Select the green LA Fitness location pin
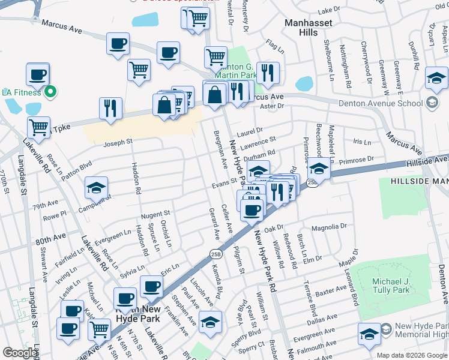tap(52, 92)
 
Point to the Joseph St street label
tap(117, 143)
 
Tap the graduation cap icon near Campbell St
tap(96, 188)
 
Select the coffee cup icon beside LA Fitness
tap(38, 75)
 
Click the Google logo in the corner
tap(19, 353)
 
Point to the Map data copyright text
tap(412, 355)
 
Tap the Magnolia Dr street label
tap(330, 228)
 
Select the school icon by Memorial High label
tap(369, 335)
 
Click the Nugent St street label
tap(155, 214)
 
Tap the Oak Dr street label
tap(273, 229)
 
